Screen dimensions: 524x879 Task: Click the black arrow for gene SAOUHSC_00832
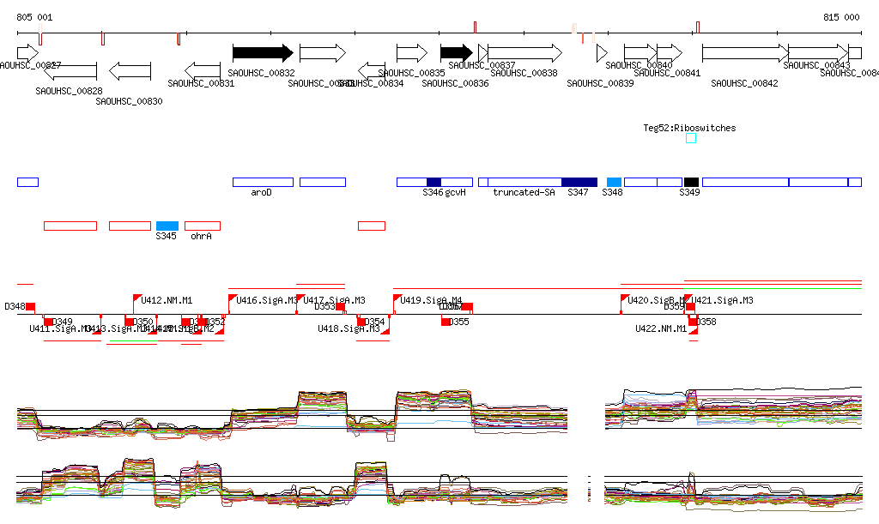263,53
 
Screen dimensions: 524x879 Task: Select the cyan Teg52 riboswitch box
691,138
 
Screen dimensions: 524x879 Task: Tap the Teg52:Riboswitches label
689,128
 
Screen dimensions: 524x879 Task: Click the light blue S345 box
167,226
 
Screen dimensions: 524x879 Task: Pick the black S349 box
691,182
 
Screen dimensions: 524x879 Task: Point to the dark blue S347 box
579,182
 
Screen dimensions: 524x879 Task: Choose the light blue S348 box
614,182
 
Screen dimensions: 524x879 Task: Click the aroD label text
261,193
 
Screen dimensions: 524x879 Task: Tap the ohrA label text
201,236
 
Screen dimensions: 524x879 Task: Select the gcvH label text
455,193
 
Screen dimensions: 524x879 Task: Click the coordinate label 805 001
34,17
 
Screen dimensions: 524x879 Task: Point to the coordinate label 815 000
841,17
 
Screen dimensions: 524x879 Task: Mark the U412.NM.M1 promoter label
167,300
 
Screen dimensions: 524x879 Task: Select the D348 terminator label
15,306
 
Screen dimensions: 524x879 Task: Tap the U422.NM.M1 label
661,328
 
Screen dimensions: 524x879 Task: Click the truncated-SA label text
524,193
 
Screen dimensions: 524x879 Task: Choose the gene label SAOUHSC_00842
745,83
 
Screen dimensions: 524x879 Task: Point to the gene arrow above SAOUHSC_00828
69,70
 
